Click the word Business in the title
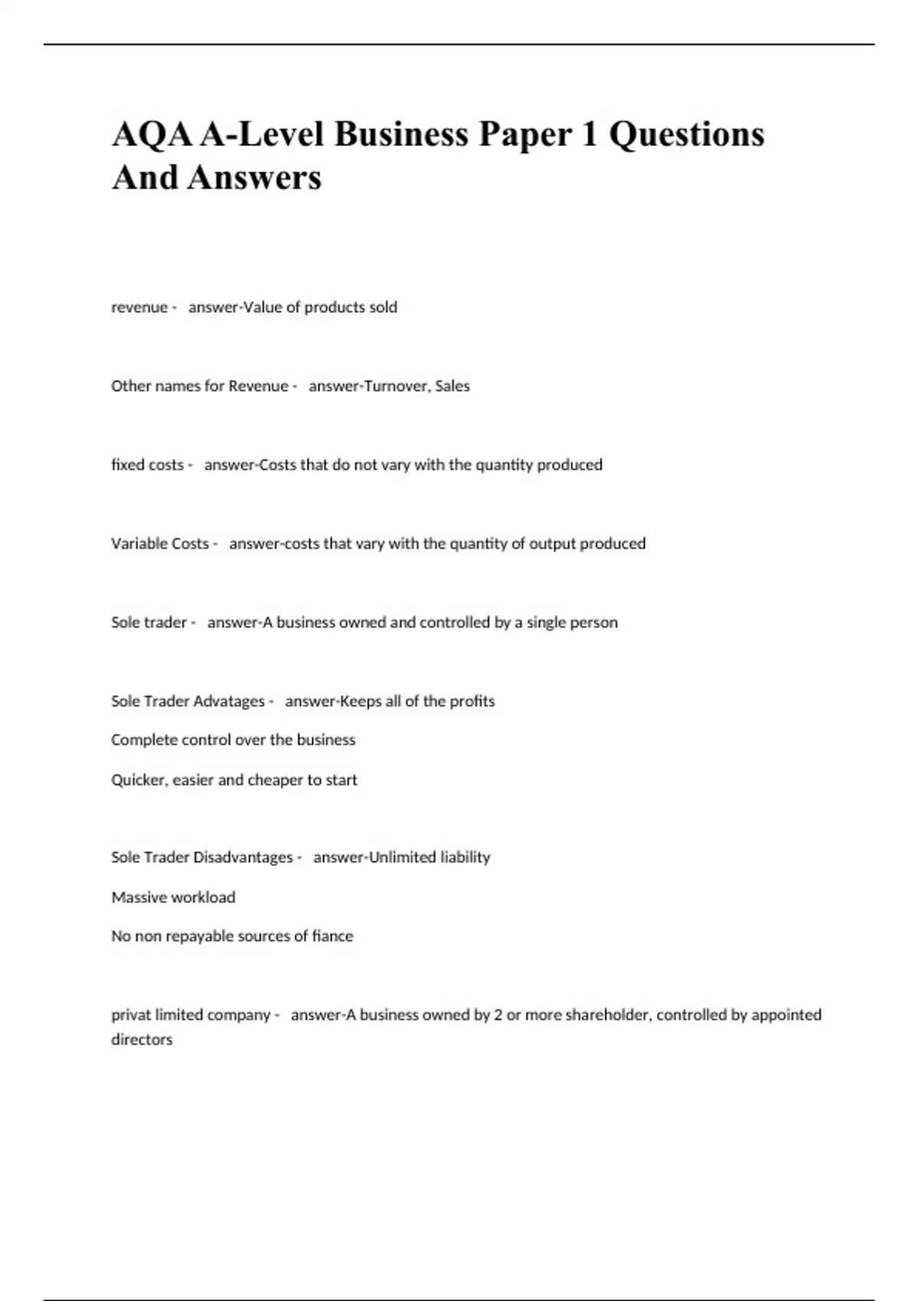401,134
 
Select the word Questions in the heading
686,134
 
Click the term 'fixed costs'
148,465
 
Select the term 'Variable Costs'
160,544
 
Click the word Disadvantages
243,858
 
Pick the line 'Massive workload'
173,898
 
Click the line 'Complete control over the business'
233,740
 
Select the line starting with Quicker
234,781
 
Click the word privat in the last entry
131,1016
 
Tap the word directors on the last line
142,1040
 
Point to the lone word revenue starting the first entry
139,308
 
